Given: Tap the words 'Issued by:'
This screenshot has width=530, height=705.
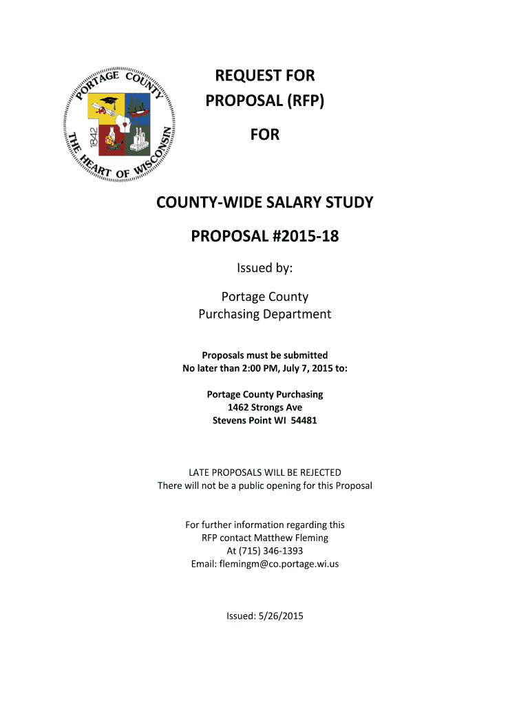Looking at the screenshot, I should [x=264, y=269].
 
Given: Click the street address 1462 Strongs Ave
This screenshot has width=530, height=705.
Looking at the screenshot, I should [x=264, y=408].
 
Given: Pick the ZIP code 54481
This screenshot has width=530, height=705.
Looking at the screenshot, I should [x=303, y=420].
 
